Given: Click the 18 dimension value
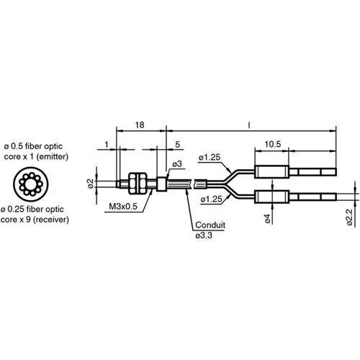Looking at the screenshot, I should point(140,125).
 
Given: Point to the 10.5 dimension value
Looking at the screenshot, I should point(273,144).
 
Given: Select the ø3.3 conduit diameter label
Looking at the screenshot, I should point(204,235).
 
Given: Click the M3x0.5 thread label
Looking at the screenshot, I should point(123,207).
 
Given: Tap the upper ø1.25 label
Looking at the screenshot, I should point(210,157).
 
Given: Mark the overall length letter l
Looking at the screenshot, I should point(248,125).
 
